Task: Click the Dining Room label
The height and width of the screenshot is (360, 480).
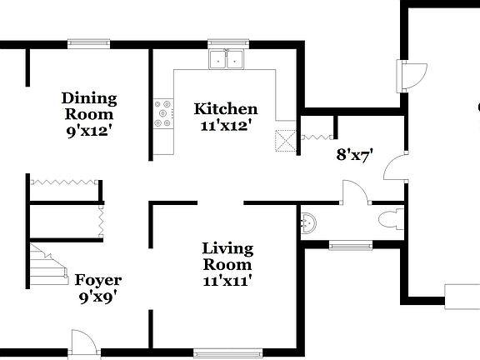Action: [89, 106]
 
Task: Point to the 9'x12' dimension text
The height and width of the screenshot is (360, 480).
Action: [89, 130]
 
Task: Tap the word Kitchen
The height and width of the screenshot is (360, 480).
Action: [226, 109]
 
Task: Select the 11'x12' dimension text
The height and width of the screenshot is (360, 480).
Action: [226, 126]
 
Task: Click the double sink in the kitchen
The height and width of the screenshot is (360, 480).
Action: [226, 59]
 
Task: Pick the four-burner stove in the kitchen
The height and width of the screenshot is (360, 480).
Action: [163, 114]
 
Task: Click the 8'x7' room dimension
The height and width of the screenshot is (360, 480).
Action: [353, 154]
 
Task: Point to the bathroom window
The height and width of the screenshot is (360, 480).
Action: [350, 245]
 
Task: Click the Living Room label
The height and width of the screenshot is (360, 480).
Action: [227, 256]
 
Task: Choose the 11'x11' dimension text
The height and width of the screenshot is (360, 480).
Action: [227, 281]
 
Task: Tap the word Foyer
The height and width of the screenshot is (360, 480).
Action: [97, 280]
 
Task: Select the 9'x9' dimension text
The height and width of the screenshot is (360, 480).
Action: [97, 296]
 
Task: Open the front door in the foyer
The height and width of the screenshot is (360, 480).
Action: [84, 342]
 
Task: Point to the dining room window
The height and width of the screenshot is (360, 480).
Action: [89, 43]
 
